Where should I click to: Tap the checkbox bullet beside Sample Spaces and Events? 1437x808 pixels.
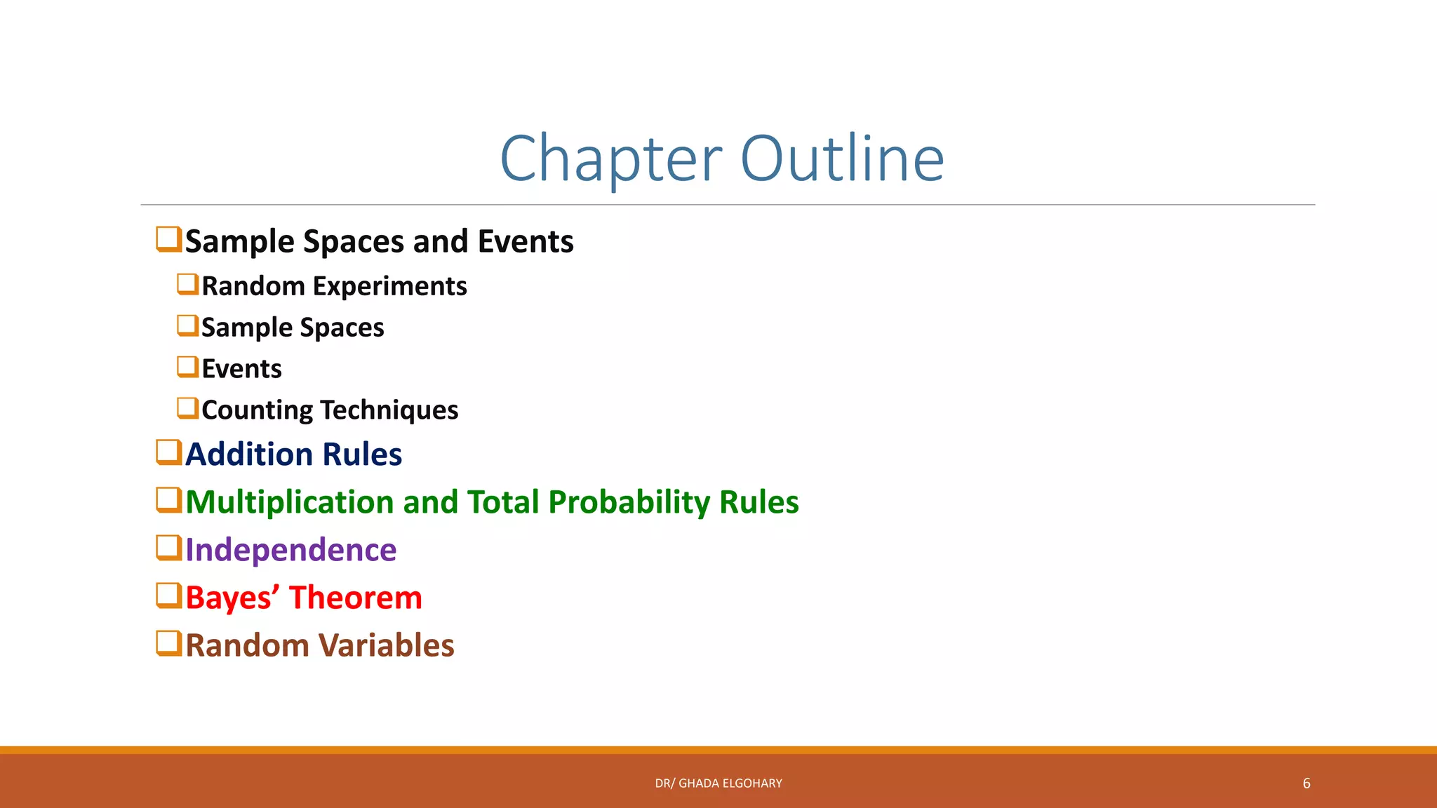(x=168, y=239)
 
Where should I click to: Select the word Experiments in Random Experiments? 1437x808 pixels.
(x=389, y=287)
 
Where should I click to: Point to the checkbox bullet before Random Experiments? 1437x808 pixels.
(x=187, y=284)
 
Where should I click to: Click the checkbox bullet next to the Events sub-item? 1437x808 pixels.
(x=187, y=367)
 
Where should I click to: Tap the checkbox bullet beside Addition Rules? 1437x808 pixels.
(x=168, y=452)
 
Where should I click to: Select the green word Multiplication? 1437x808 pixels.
(x=290, y=503)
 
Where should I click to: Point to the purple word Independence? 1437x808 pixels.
(x=290, y=550)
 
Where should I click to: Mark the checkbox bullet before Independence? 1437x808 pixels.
(x=168, y=548)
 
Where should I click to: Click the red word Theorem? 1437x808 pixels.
(x=356, y=598)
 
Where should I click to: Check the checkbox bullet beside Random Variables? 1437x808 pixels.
(x=168, y=643)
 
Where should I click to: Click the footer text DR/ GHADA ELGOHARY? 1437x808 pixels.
(x=718, y=783)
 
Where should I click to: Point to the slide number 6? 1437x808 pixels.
(x=1306, y=783)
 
